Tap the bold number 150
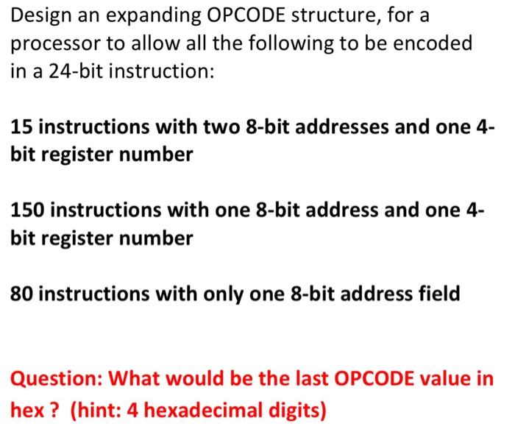26,210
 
